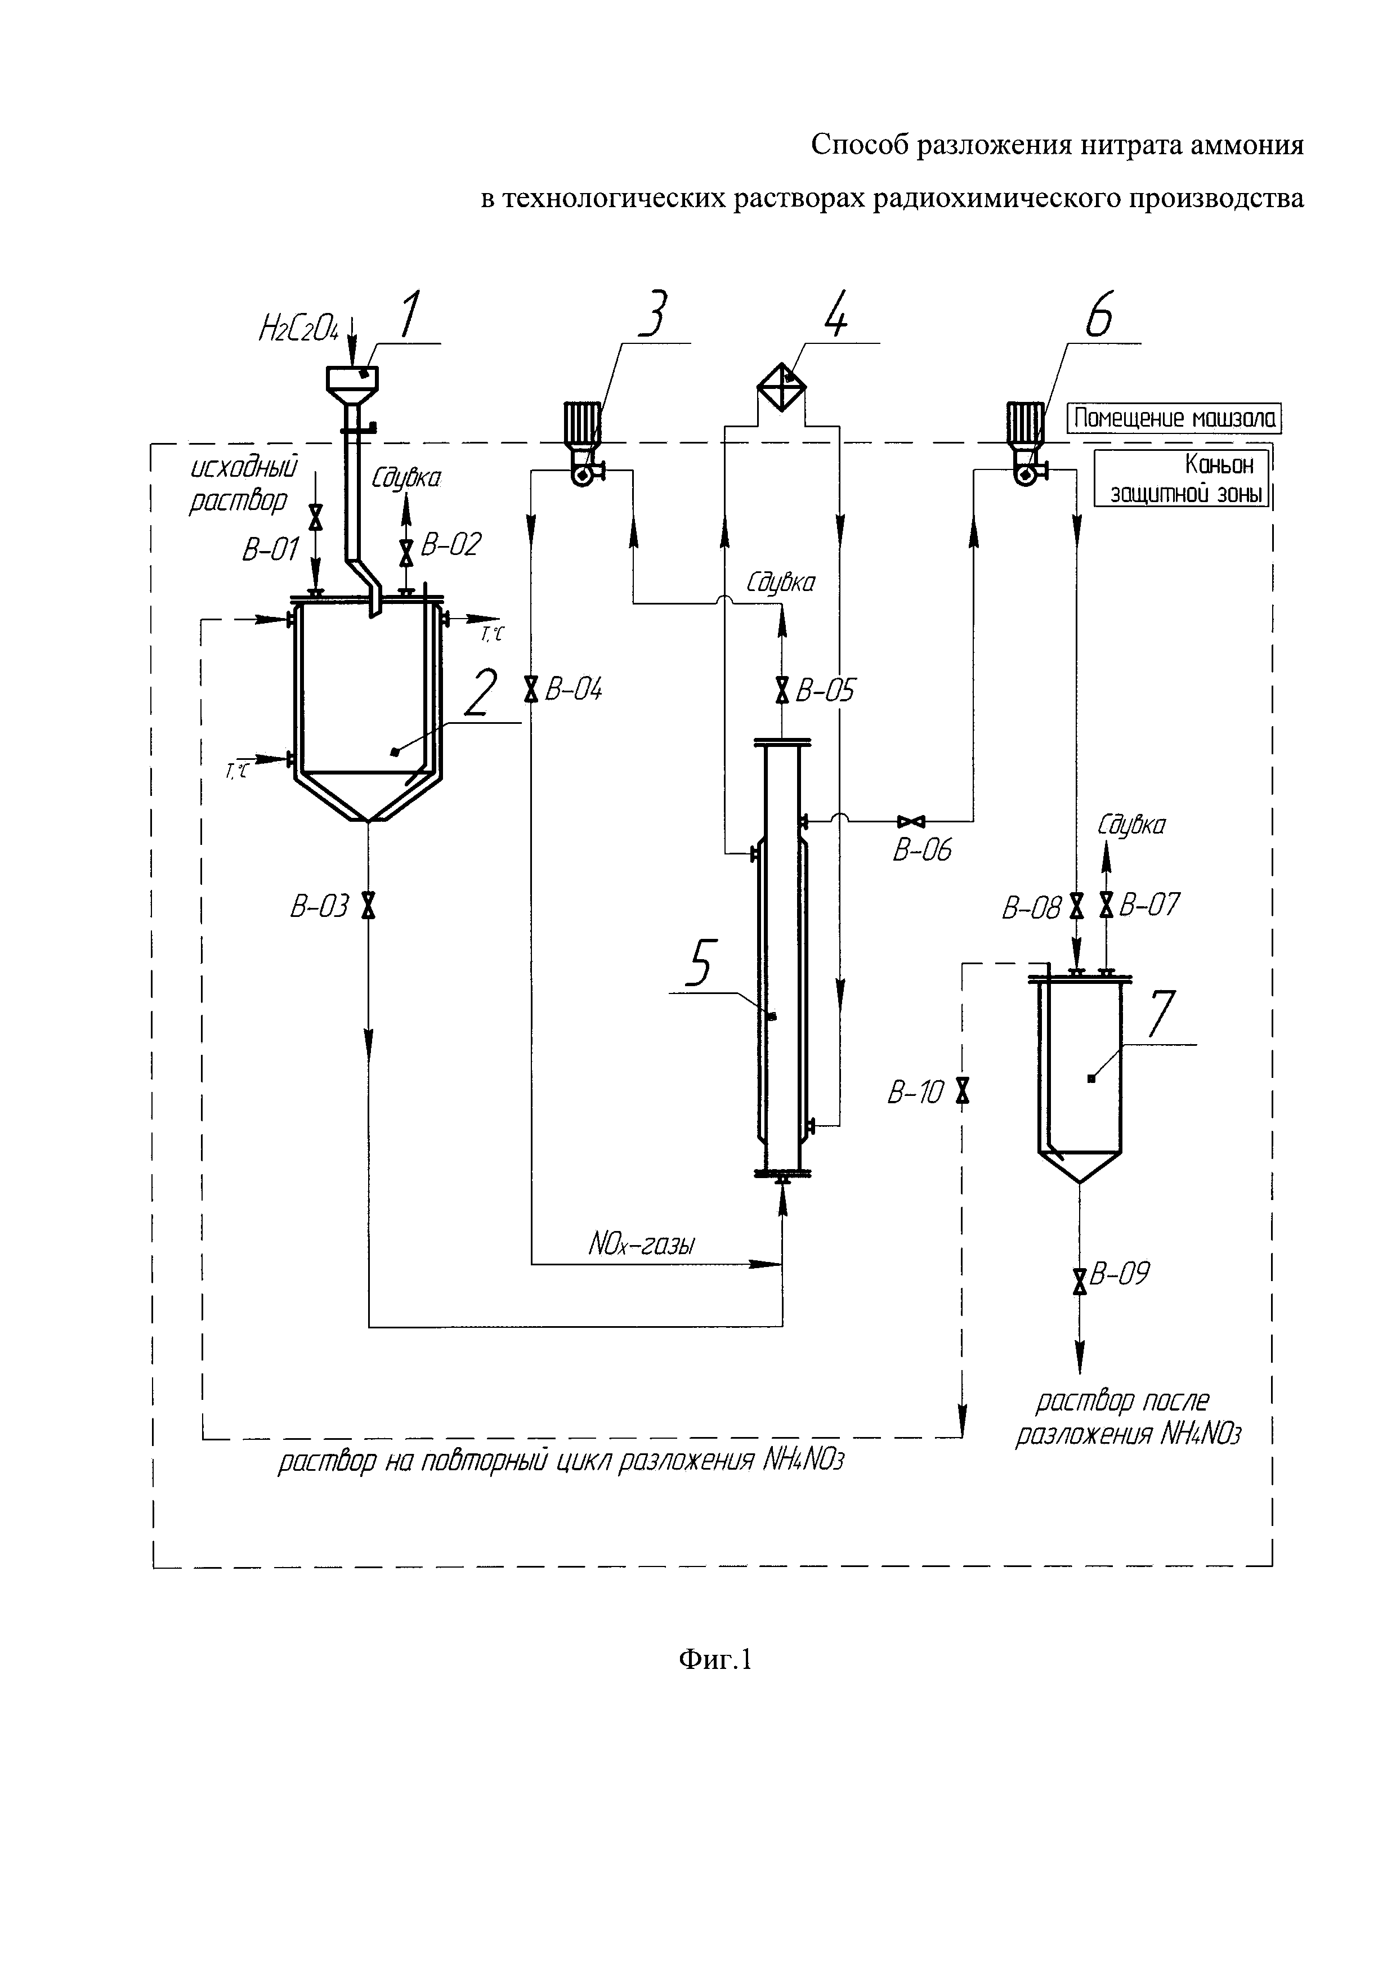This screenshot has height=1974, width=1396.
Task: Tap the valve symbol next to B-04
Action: tap(531, 688)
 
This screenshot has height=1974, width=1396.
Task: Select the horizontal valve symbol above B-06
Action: tap(910, 821)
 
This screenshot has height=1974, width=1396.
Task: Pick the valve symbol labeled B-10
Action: tap(963, 1090)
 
